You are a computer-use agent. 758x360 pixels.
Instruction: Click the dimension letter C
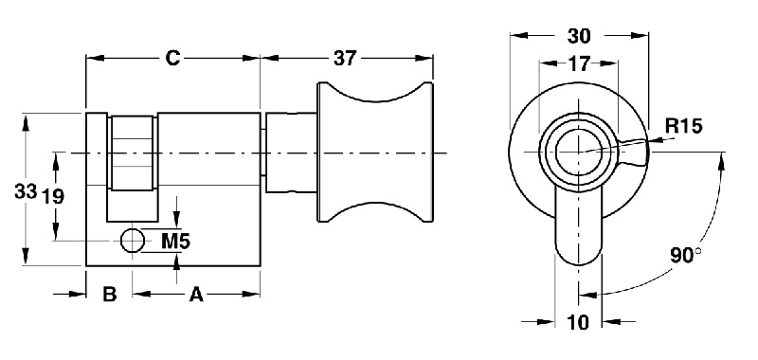click(172, 58)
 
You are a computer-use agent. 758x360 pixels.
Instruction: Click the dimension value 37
click(345, 58)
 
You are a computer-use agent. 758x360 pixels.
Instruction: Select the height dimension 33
click(25, 190)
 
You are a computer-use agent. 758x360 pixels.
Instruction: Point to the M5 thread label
click(175, 241)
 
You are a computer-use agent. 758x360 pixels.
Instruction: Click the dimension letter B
click(109, 296)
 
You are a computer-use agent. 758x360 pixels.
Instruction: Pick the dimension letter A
click(196, 296)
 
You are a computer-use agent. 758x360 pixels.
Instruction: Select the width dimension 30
click(579, 36)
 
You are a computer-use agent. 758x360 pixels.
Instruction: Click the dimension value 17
click(578, 65)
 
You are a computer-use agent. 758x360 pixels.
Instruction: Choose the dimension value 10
click(578, 322)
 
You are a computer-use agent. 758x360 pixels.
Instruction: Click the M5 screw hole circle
click(134, 242)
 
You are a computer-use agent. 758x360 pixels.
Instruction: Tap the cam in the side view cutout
click(133, 156)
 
